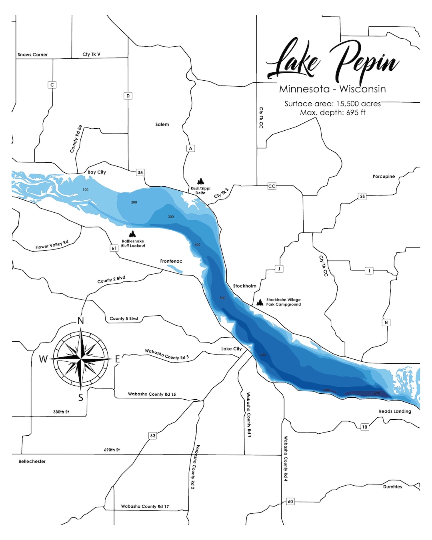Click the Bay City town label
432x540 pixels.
[97, 172]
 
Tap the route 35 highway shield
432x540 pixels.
[140, 173]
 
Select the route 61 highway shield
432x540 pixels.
[114, 248]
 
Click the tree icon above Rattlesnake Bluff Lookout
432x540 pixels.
[132, 234]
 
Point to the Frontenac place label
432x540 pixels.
[171, 261]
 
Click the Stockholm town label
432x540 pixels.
[244, 286]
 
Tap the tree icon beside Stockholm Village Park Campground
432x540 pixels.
[260, 302]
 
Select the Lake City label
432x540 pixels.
[231, 349]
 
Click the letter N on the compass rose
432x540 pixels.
[81, 321]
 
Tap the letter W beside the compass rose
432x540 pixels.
[43, 359]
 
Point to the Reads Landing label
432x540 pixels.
[395, 411]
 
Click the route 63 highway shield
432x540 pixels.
[152, 436]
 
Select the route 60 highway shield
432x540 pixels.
[290, 502]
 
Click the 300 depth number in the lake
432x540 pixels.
[171, 217]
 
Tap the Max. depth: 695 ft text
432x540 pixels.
[332, 113]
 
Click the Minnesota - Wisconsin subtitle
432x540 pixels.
[332, 89]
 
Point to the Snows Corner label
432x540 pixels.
[32, 55]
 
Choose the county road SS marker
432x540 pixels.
[362, 196]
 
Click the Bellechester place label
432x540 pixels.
[32, 461]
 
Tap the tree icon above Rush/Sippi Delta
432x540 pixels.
[200, 181]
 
